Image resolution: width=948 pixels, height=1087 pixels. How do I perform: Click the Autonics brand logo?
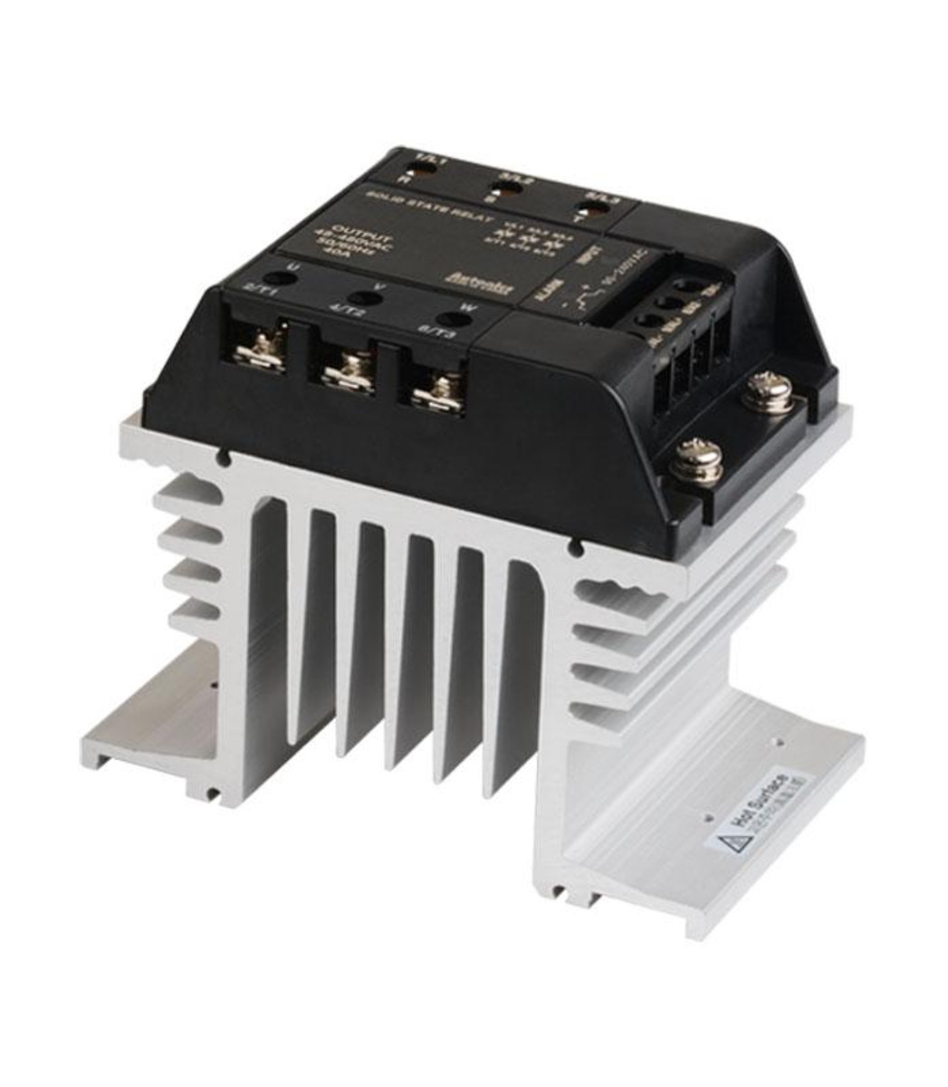[x=466, y=282]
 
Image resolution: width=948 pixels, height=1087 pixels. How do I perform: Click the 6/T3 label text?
[x=435, y=333]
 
